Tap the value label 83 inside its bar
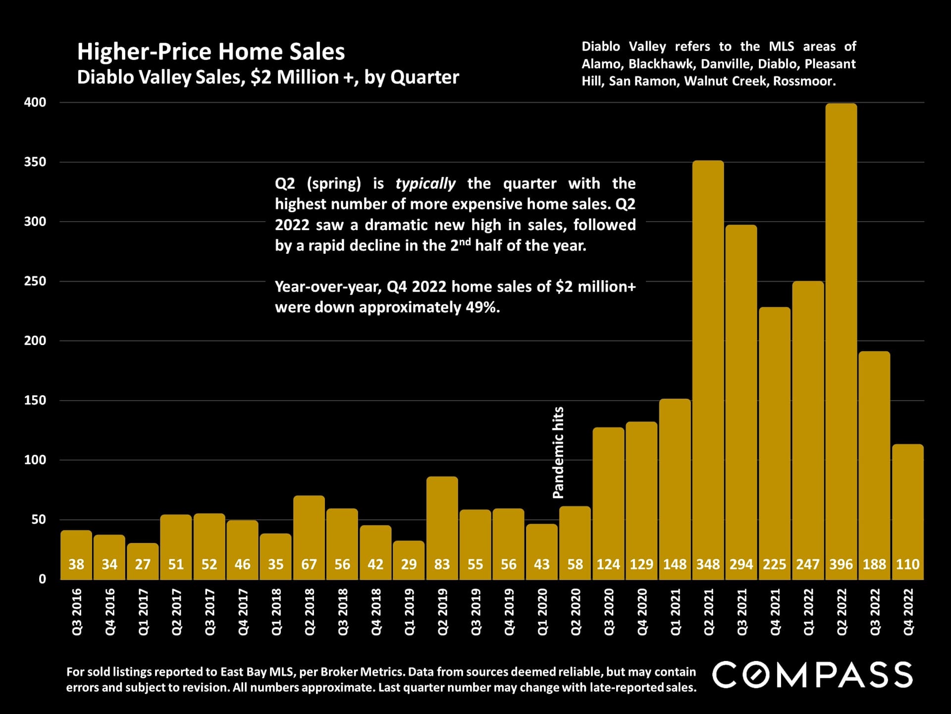point(442,564)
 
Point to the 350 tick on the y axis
point(35,162)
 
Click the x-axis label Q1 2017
point(143,612)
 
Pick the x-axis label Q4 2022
point(908,612)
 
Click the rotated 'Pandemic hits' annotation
point(558,452)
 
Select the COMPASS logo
point(812,675)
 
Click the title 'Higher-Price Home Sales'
point(211,52)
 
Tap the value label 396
point(841,564)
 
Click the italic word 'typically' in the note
point(425,183)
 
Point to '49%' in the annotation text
point(481,307)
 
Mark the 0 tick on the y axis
point(43,579)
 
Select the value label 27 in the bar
point(143,564)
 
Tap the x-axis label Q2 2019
point(442,612)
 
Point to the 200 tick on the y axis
point(35,341)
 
